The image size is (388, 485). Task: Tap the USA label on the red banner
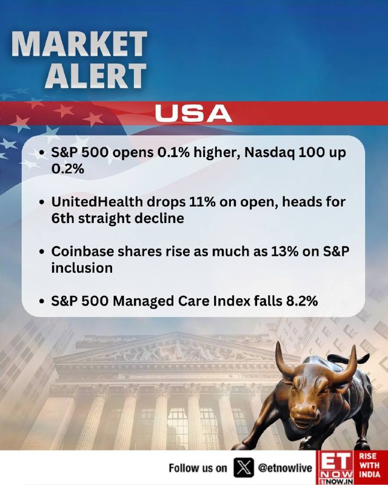[193, 113]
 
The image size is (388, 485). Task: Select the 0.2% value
[67, 169]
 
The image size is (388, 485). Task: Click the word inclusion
[82, 268]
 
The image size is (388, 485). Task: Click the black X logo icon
[244, 467]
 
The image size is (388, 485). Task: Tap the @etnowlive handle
[285, 468]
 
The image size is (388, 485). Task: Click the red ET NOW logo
[335, 467]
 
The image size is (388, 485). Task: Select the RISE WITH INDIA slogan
[370, 465]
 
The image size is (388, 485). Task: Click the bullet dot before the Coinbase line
[42, 252]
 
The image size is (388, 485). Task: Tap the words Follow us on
[198, 468]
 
